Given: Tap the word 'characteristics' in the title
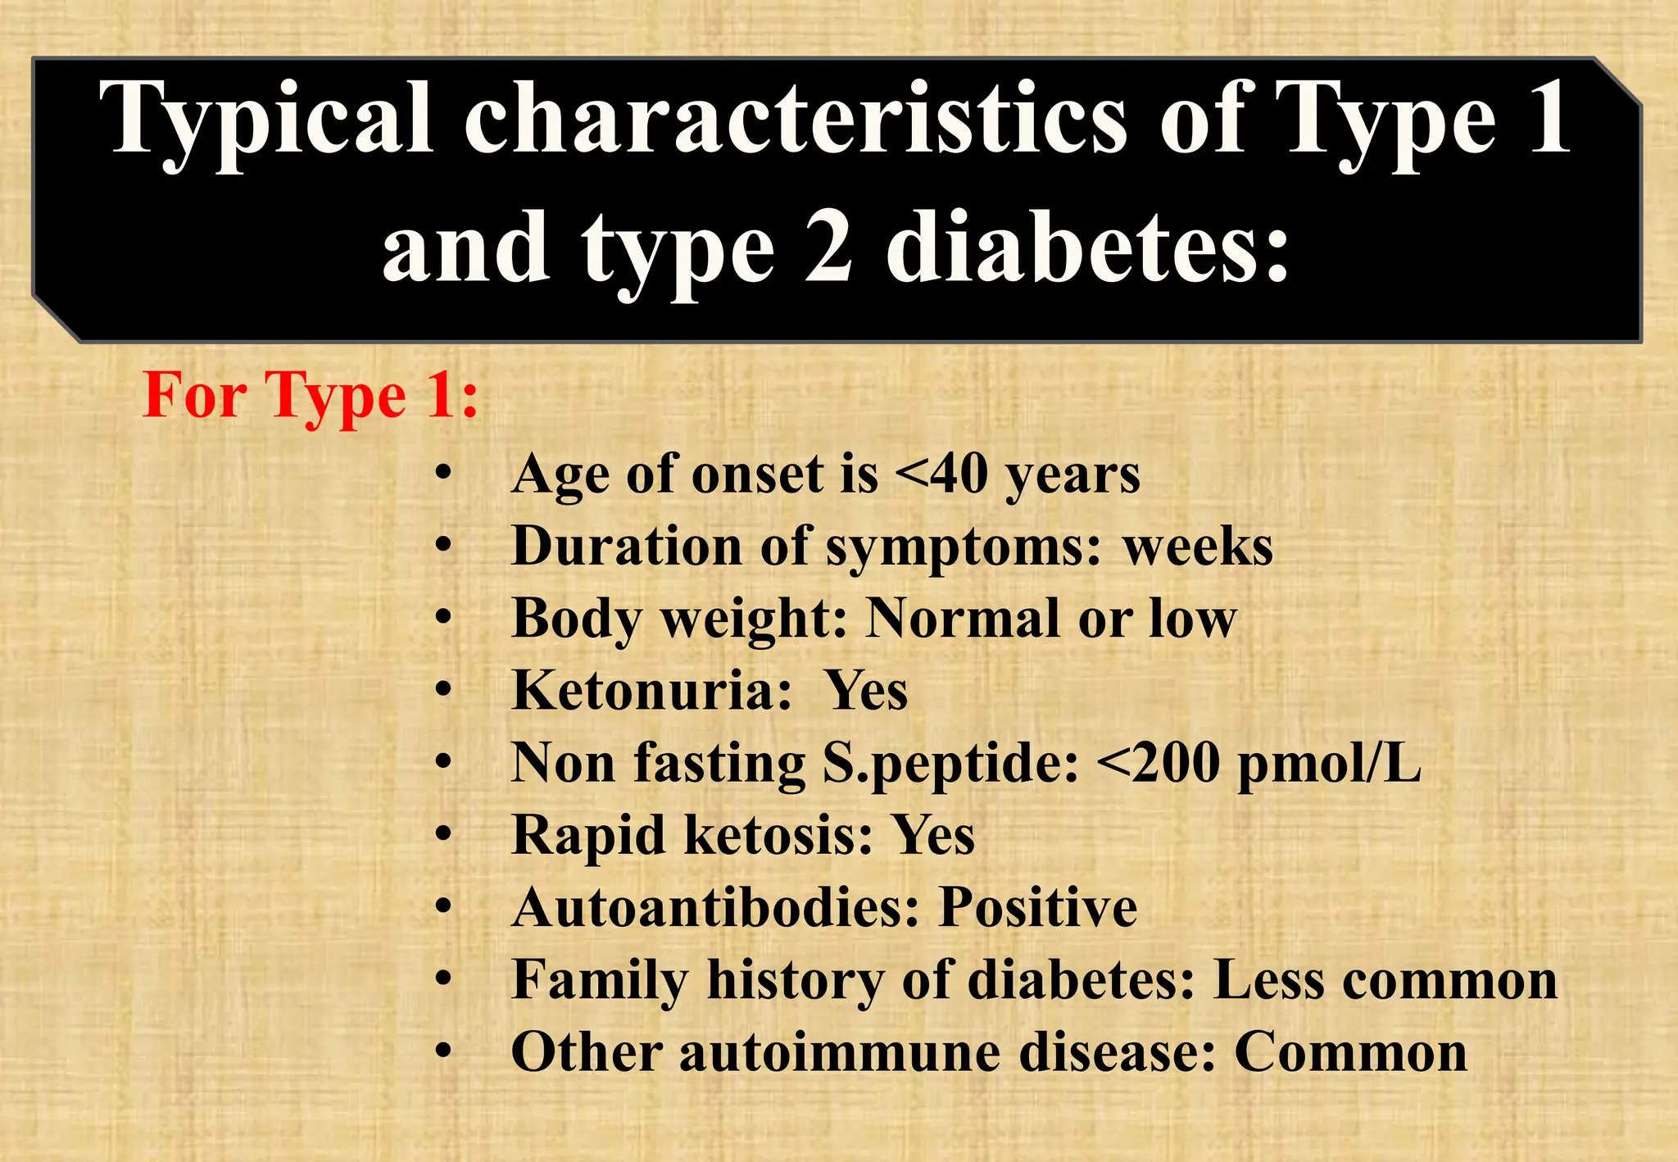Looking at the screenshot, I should pyautogui.click(x=795, y=119).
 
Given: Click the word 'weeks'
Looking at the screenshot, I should pyautogui.click(x=1198, y=547).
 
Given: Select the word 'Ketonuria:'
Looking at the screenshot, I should pyautogui.click(x=652, y=690).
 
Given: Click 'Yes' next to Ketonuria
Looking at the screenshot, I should pyautogui.click(x=866, y=690).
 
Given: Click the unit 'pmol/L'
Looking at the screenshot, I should pyautogui.click(x=1329, y=763).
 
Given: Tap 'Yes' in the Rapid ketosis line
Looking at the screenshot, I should pyautogui.click(x=933, y=835).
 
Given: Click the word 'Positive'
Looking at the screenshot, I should pyautogui.click(x=1038, y=907).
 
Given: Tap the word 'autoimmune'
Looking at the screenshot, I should pyautogui.click(x=840, y=1052).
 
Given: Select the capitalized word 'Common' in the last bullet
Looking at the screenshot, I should pyautogui.click(x=1350, y=1052).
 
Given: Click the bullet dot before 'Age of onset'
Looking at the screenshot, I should pyautogui.click(x=443, y=474).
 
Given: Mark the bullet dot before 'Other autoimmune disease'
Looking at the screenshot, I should pyautogui.click(x=443, y=1051).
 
